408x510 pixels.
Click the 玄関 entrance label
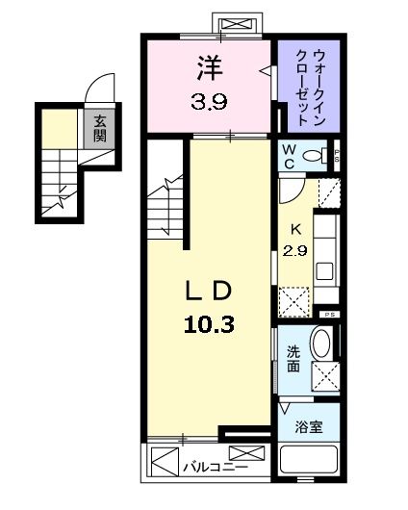coord(99,128)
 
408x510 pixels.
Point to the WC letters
coord(287,157)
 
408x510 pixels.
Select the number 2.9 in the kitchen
coord(295,251)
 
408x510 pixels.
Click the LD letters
coord(207,291)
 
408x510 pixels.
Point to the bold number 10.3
coord(208,323)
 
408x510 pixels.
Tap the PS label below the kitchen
coord(329,315)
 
